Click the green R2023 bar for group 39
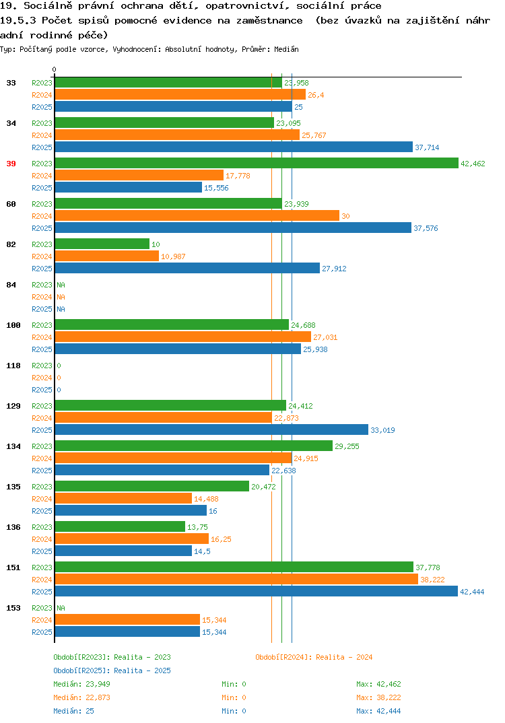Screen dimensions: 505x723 257,163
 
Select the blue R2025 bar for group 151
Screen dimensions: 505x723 257,592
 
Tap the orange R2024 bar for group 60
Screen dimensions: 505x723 197,216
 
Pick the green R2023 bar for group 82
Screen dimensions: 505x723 102,244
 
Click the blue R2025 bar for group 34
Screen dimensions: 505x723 234,147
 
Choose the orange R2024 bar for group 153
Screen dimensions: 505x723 127,620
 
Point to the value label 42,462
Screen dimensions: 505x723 473,164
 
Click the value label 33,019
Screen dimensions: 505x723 382,430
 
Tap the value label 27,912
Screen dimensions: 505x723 334,269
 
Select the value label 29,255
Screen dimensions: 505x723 347,446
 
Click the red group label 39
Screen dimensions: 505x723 11,164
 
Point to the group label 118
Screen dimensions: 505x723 13,366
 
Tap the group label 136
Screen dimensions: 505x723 13,527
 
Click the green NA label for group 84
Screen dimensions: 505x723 61,285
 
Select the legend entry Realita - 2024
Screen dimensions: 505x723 314,657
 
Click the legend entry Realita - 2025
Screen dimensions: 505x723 112,670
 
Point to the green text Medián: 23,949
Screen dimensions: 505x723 81,684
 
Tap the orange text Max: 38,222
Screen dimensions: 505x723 378,697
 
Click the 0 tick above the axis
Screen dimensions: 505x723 54,69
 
